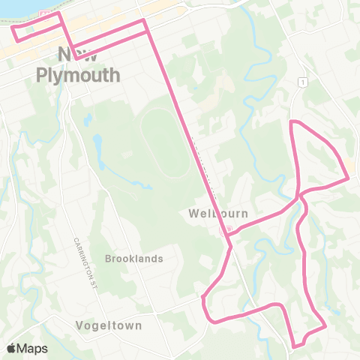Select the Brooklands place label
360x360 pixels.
coord(134,259)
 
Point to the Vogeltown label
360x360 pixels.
coord(109,325)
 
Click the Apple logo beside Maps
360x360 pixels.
coord(12,348)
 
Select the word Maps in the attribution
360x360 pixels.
coord(34,348)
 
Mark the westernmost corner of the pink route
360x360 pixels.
coord(13,28)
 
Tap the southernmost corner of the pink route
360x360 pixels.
coord(295,346)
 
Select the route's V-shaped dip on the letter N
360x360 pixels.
coord(76,57)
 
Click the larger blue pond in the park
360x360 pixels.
coord(97,143)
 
